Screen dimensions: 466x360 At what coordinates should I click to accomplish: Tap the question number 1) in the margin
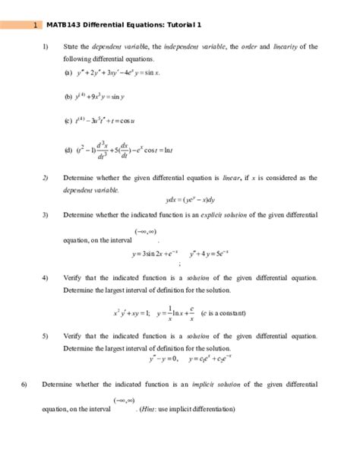pos(45,46)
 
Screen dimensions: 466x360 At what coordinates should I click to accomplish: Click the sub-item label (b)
pos(68,97)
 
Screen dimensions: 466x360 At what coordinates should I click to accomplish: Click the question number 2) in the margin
pos(45,178)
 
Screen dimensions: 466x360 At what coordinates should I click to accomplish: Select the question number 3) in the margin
pos(45,215)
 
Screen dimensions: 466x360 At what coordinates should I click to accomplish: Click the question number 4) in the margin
pos(45,277)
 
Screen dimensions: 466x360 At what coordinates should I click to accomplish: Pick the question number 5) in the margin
pos(45,335)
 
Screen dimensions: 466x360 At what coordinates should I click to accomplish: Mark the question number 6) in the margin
pos(24,383)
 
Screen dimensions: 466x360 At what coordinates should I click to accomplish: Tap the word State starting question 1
pos(71,46)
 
